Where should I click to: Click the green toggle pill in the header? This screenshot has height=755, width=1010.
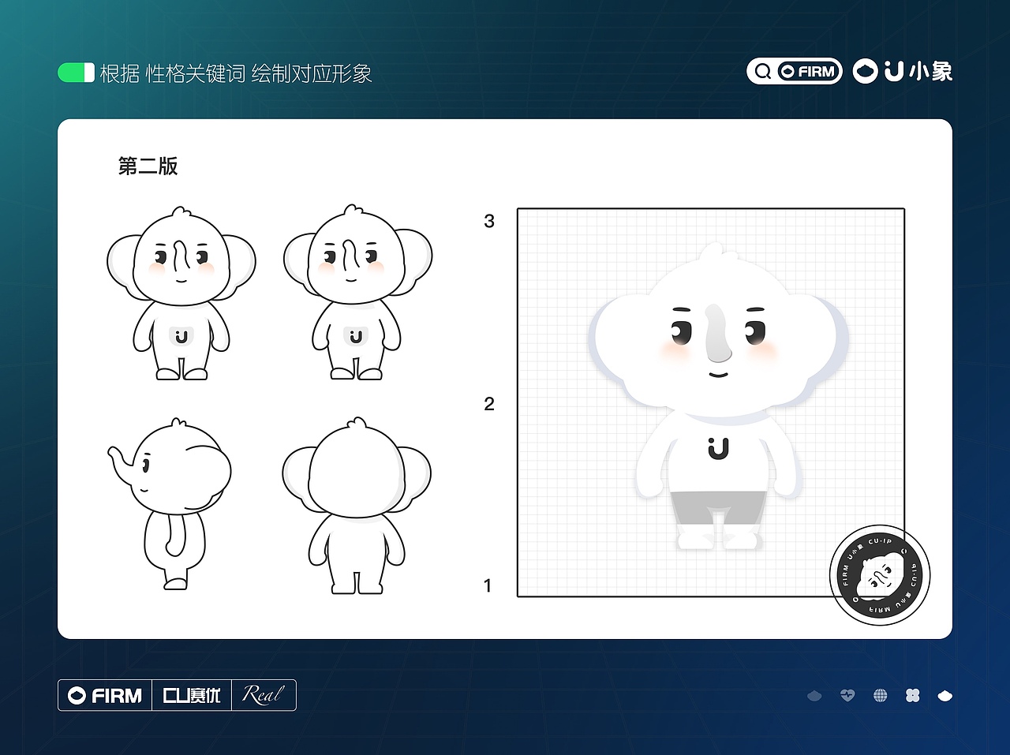[x=76, y=73]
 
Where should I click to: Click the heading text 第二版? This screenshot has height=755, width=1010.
[x=148, y=166]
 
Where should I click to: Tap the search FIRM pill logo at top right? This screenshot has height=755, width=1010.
[x=794, y=72]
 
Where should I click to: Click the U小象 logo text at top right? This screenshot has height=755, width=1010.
[x=903, y=72]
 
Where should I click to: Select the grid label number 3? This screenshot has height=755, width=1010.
[x=489, y=222]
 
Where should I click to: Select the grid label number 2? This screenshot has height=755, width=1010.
[x=489, y=404]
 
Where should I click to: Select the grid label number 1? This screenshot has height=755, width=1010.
[x=488, y=585]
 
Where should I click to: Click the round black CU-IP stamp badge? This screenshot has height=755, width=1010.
[x=880, y=575]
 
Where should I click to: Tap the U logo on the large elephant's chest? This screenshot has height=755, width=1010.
[x=717, y=448]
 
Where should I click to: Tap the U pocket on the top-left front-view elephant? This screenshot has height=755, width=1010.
[x=181, y=336]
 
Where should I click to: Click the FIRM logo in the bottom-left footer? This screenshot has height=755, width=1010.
[x=105, y=695]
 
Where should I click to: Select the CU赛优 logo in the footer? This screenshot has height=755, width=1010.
[x=192, y=695]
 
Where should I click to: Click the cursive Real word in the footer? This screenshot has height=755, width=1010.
[x=263, y=695]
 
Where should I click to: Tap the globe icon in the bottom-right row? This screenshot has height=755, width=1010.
[x=880, y=695]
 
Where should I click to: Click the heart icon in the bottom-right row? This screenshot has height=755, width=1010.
[x=847, y=695]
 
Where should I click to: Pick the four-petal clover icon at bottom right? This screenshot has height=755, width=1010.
[x=912, y=695]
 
